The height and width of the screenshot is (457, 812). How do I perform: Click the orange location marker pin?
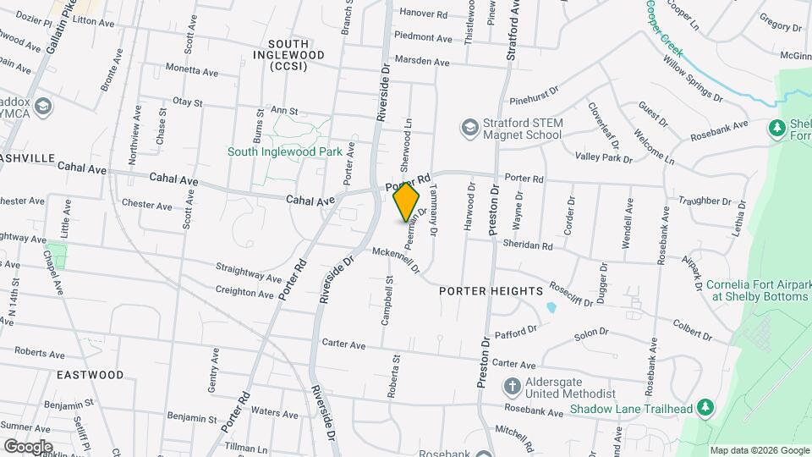pos(407,203)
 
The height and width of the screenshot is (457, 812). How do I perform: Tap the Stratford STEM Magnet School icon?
pos(469,128)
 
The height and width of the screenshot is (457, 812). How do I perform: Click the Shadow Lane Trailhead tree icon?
pos(705,409)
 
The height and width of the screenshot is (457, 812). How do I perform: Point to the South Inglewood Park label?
pos(284,152)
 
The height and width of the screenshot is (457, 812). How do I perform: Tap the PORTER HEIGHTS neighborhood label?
pos(491,291)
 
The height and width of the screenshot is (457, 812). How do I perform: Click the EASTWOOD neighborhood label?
pos(90,374)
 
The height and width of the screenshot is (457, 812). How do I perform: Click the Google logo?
pos(28,446)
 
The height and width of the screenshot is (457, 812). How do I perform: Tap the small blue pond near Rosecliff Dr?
pos(551,306)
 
